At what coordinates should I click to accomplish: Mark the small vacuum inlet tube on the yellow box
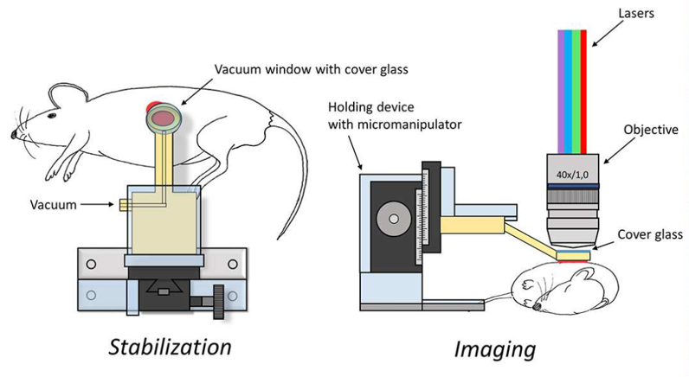point(122,205)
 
